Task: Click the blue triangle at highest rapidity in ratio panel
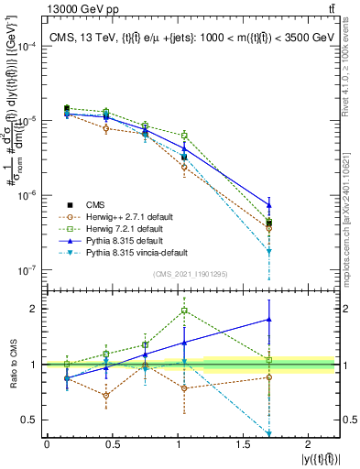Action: click(269, 320)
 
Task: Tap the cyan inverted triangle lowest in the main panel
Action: click(269, 251)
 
